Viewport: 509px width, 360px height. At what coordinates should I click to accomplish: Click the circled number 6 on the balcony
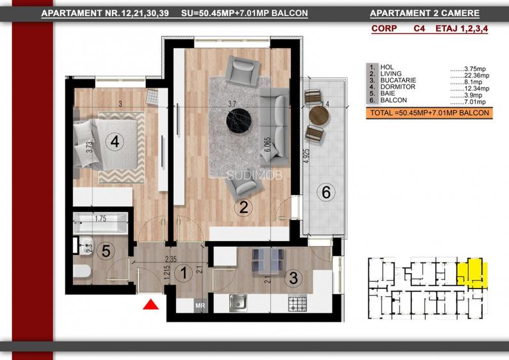coord(325,191)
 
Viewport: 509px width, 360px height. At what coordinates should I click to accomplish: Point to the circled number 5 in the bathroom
coord(108,251)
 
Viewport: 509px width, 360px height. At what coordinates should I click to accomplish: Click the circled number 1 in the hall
coord(184,274)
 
